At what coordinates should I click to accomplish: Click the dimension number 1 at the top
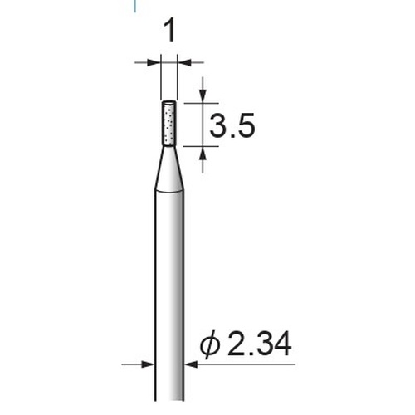point(169,31)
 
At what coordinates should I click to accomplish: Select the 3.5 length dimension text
point(232,125)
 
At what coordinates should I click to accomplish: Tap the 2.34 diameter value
point(259,344)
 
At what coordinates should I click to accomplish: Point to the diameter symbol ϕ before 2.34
point(210,344)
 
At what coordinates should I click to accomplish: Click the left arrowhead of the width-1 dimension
point(154,62)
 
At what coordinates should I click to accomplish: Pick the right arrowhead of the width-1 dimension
point(183,62)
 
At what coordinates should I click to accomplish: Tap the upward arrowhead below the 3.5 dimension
point(203,153)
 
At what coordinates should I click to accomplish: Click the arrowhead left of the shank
point(148,364)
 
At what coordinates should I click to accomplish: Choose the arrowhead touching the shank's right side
point(191,364)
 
